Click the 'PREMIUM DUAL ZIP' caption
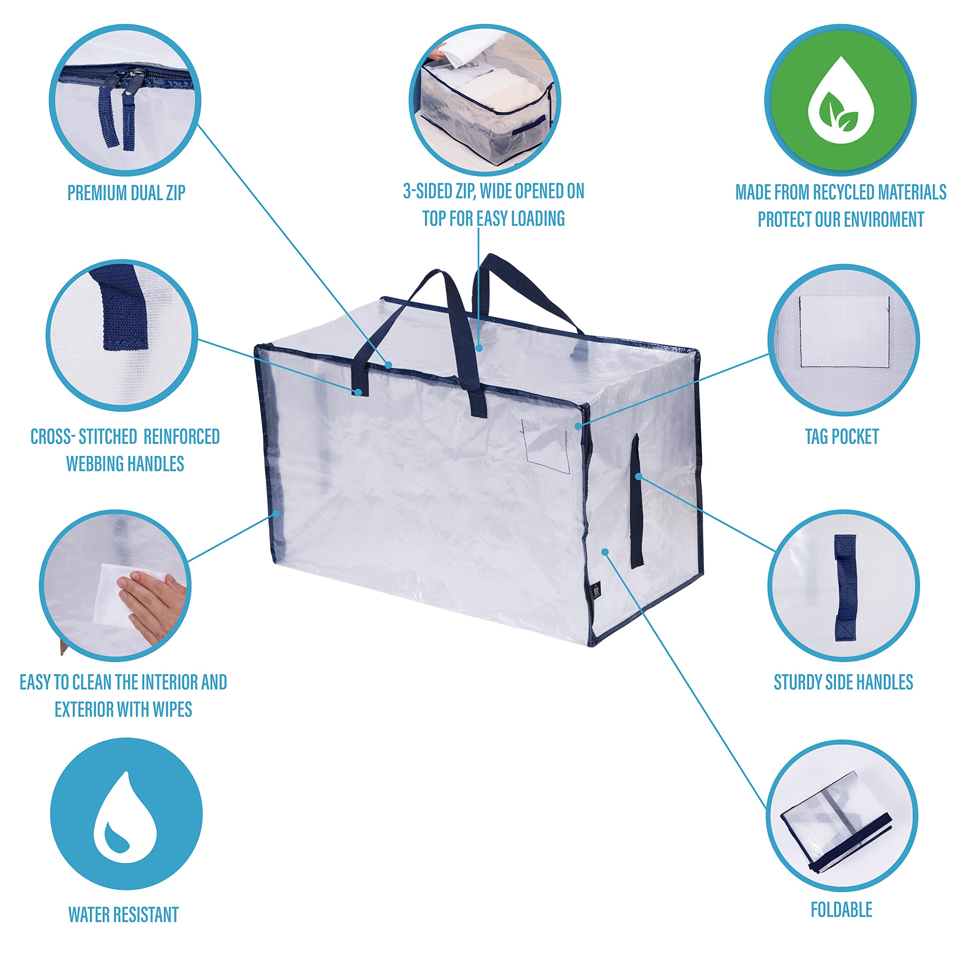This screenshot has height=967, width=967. click(126, 193)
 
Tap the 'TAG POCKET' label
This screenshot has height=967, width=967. click(842, 436)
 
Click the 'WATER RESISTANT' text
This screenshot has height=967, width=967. click(124, 914)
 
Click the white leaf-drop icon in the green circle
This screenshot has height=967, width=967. click(841, 100)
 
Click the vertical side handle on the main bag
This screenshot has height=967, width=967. click(636, 500)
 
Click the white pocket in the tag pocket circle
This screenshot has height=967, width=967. click(844, 331)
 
